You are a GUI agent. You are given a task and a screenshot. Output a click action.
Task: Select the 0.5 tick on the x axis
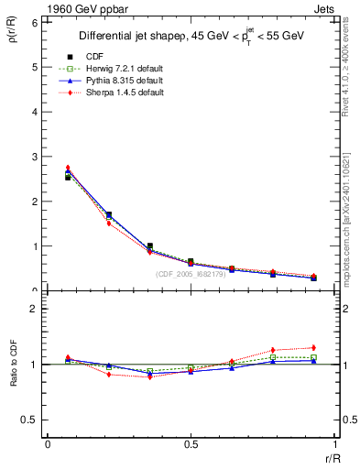point(190,444)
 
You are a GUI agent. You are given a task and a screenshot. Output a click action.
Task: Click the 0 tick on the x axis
point(47,444)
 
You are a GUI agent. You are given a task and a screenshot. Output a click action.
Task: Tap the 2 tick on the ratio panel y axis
point(34,309)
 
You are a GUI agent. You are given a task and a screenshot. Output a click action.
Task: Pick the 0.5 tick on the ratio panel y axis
point(29,420)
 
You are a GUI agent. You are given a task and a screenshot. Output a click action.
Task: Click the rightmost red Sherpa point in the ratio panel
point(313,347)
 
